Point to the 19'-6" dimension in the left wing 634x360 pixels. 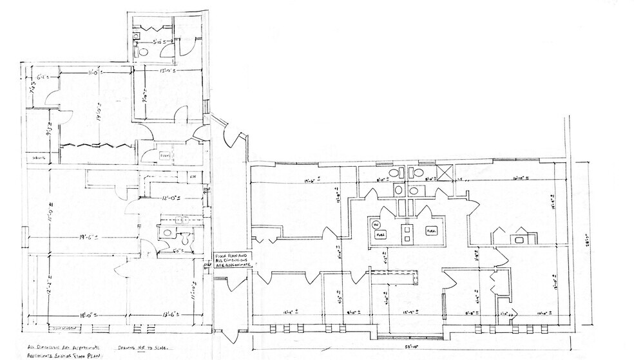pyautogui.click(x=87, y=238)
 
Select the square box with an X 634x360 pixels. pyautogui.click(x=443, y=173)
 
